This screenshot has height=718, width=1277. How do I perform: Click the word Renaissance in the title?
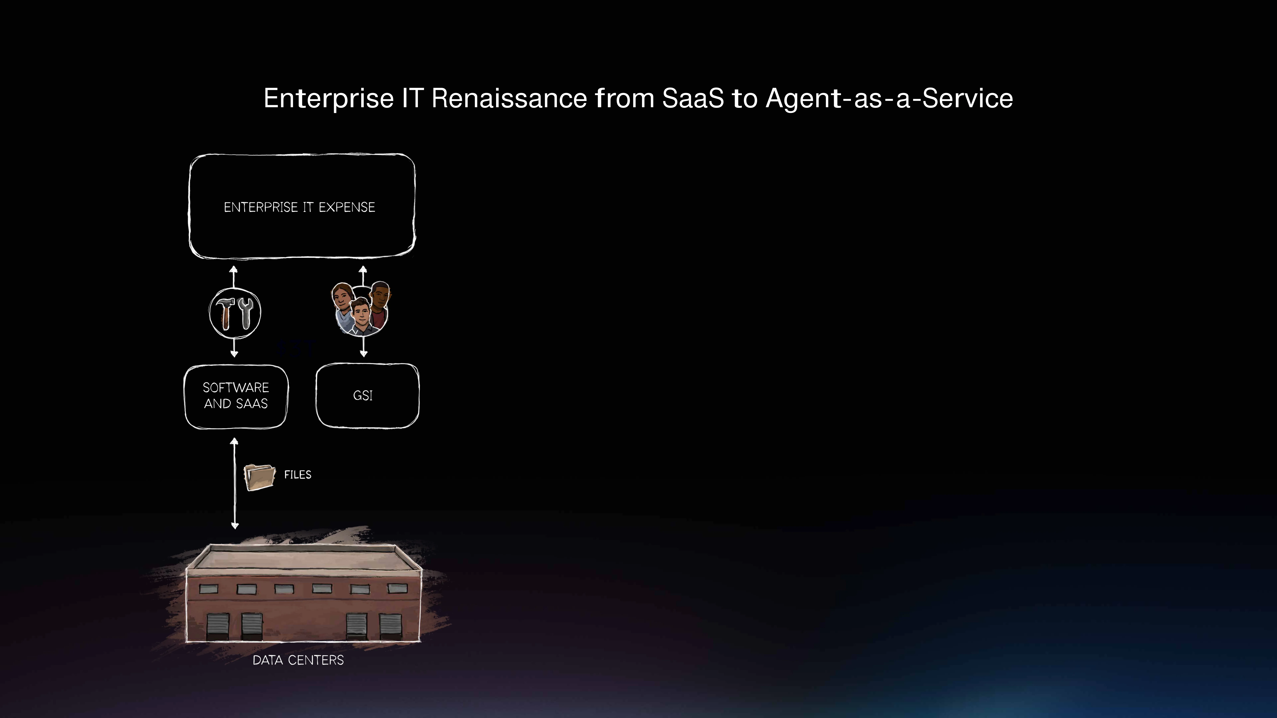point(509,98)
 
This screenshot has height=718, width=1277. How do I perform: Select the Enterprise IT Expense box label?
point(299,207)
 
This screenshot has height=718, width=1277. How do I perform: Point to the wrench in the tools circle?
point(245,313)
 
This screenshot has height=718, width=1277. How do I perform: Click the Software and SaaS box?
point(236,396)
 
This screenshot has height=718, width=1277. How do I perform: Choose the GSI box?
point(367,395)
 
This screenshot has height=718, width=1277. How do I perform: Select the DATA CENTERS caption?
point(298,660)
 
